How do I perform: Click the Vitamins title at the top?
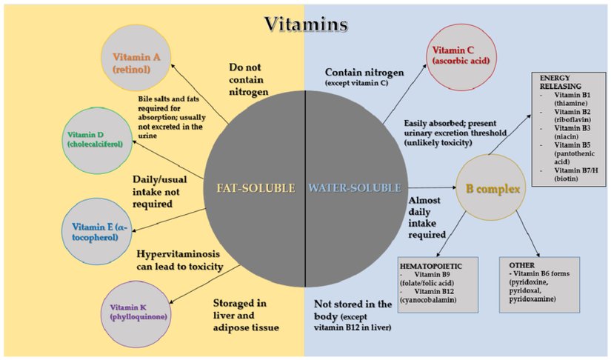[x=306, y=24]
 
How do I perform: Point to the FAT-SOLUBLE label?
[x=256, y=188]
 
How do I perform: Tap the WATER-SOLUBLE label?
[x=355, y=188]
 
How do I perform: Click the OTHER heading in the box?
[x=521, y=264]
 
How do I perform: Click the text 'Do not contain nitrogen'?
[x=248, y=79]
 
